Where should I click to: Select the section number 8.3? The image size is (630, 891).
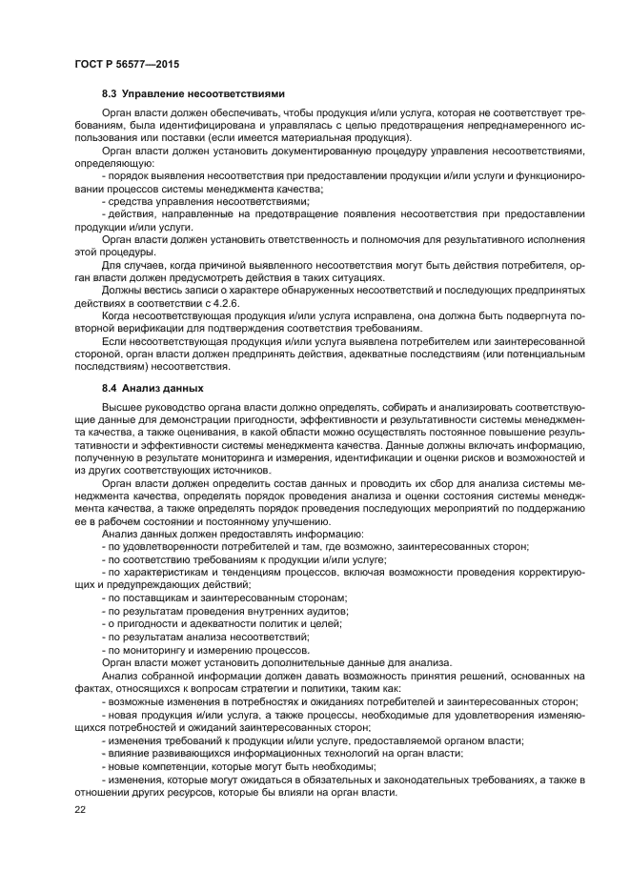coord(111,94)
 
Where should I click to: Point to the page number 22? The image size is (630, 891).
coord(79,808)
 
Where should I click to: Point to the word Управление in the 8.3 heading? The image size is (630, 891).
coord(156,94)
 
